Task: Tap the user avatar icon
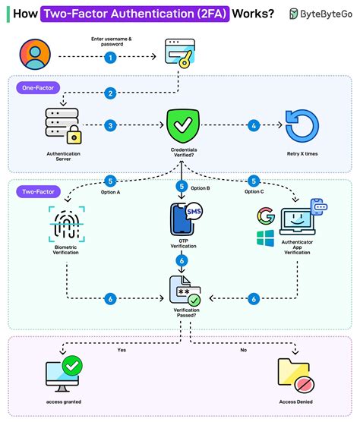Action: click(35, 55)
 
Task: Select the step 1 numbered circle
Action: click(110, 57)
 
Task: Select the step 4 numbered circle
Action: click(254, 125)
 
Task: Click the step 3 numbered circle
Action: click(110, 125)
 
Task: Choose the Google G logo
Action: click(265, 215)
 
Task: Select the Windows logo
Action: click(265, 241)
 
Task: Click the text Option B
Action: click(200, 187)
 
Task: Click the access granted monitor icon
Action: click(63, 373)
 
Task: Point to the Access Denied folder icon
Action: click(295, 373)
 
